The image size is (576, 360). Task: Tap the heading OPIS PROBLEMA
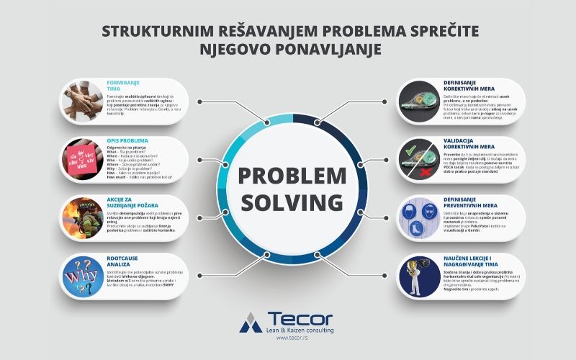tap(127, 140)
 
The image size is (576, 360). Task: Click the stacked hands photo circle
tap(81, 101)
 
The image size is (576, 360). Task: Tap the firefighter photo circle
tap(81, 217)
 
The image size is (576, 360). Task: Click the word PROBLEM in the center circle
tap(287, 175)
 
